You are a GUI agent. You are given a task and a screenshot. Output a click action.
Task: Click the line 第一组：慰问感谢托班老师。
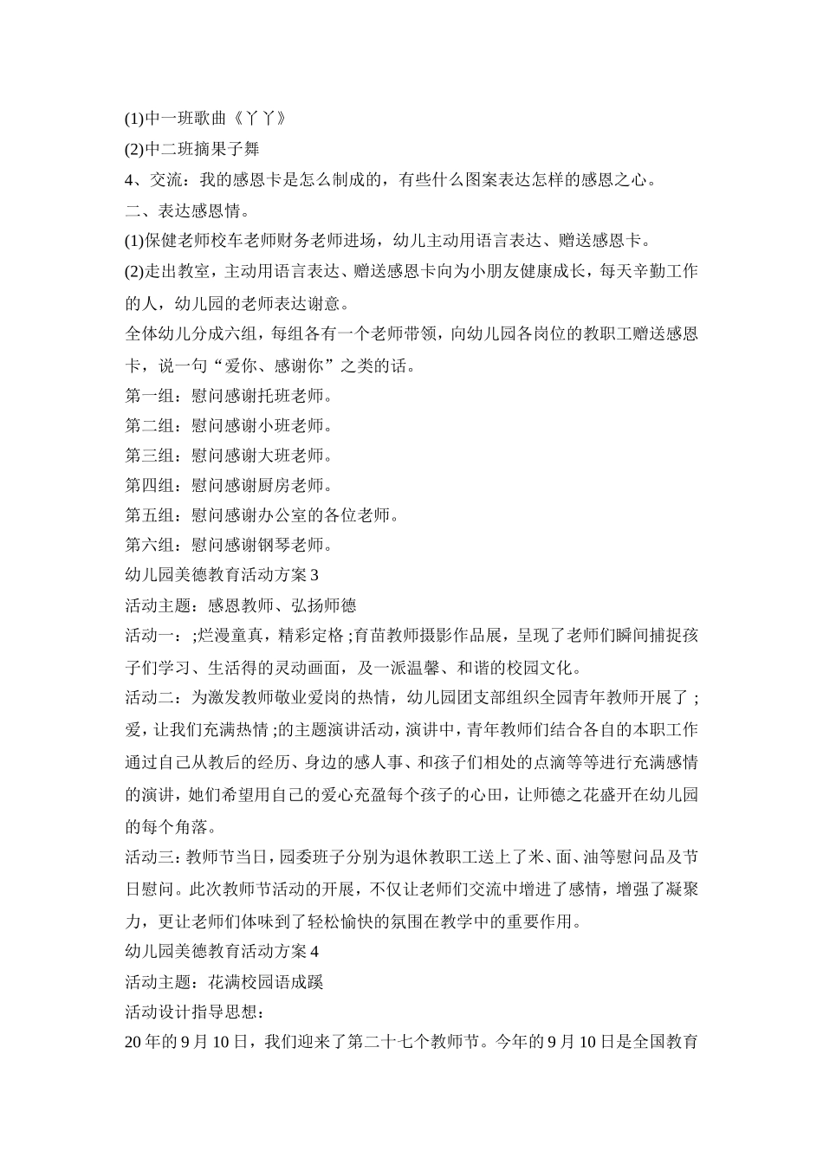coord(229,397)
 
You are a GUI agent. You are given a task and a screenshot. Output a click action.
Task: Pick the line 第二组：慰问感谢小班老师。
coord(229,426)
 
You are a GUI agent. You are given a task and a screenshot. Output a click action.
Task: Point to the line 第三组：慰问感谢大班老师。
coord(229,456)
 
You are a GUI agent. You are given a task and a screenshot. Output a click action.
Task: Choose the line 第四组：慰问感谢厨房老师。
coord(229,485)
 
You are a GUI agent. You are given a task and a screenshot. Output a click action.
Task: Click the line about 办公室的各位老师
coord(262,515)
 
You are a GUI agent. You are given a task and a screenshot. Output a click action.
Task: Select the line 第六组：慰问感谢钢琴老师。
coord(229,545)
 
